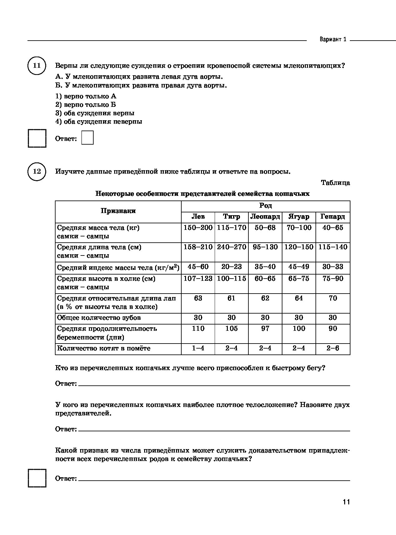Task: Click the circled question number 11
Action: pos(37,66)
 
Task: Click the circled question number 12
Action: pos(37,171)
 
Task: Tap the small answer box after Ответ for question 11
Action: pos(87,138)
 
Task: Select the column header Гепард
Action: pos(333,217)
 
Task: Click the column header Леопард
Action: pos(265,217)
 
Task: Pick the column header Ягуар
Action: pos(299,217)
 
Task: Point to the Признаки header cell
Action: pos(118,211)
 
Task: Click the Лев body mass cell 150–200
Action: pos(198,228)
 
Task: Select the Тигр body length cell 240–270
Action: pos(232,247)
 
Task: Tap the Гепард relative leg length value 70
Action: pos(333,298)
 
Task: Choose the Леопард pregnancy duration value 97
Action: pos(265,329)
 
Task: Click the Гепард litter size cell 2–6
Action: pos(333,348)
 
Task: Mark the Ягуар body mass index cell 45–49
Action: pos(299,267)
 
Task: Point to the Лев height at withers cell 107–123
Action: pos(198,279)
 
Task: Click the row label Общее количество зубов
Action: pos(99,318)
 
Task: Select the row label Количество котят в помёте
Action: pos(104,348)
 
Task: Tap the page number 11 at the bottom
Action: pos(346,502)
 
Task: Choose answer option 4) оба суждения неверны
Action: pos(99,121)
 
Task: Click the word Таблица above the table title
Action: pos(335,183)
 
